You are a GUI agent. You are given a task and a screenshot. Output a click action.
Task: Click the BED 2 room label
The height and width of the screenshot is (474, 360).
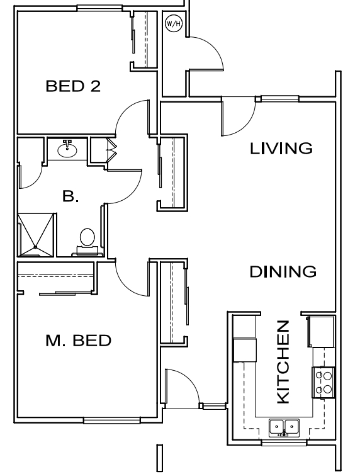73,86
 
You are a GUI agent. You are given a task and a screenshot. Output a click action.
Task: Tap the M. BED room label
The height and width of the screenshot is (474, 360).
79,341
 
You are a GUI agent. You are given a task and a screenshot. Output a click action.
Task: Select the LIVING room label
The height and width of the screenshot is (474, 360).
281,149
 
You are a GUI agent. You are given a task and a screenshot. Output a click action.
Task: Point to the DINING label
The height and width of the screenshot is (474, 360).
283,272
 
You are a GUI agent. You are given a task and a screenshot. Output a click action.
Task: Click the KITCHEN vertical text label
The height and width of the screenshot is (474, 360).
283,362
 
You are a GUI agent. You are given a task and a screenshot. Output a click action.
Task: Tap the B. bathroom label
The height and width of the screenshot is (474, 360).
70,196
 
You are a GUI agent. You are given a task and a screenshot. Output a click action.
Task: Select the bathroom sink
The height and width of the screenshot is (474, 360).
67,150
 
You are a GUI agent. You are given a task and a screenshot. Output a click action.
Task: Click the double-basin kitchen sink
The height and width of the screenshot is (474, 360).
284,428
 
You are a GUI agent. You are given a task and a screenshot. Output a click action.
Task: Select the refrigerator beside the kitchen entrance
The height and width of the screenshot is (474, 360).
321,331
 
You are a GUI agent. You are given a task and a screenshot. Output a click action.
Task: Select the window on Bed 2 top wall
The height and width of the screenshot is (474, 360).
99,8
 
